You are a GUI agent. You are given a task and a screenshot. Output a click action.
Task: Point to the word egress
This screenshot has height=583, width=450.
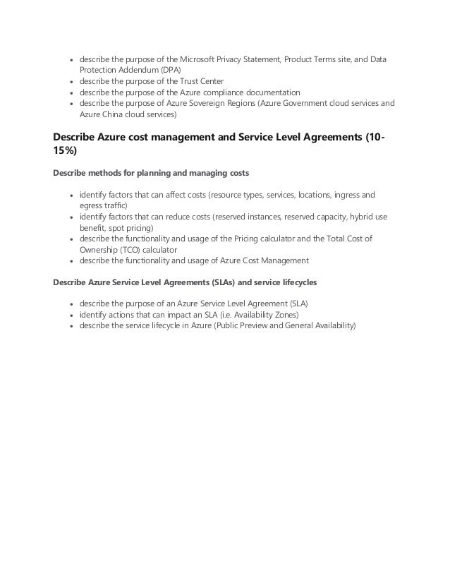(x=92, y=205)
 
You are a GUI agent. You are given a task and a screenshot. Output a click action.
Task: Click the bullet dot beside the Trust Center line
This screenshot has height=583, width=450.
(x=71, y=81)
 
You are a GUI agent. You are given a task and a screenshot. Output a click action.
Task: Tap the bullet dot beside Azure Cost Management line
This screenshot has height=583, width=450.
(x=71, y=260)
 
